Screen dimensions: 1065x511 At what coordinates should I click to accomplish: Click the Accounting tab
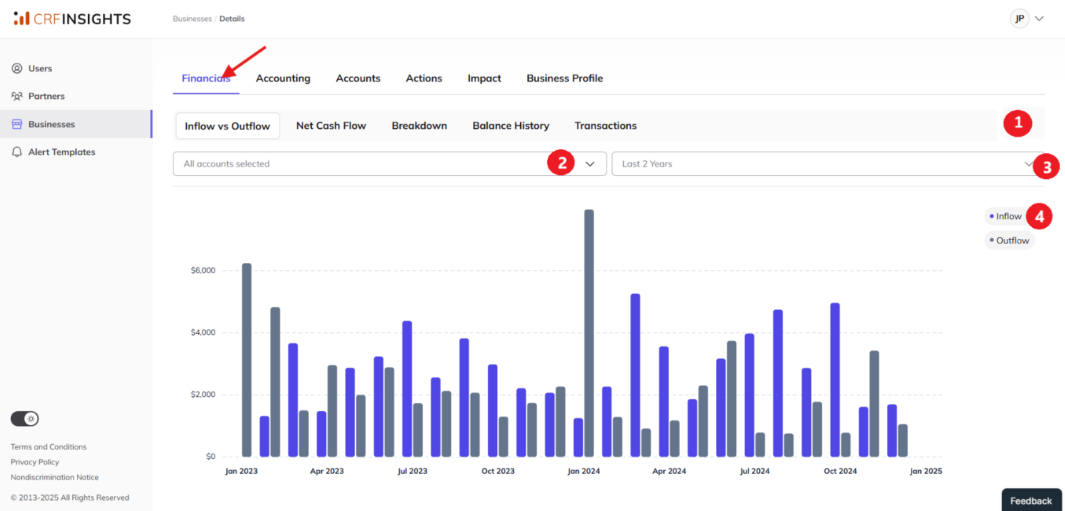(283, 78)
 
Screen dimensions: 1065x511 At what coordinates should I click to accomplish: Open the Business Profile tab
(564, 78)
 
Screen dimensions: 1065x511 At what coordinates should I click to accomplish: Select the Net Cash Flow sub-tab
(331, 126)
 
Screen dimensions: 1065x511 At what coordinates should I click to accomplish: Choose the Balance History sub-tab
(511, 126)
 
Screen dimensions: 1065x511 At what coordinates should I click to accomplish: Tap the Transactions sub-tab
(605, 126)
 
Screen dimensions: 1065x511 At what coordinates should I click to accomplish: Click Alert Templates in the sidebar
(62, 152)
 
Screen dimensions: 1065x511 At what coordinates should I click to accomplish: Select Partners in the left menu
(46, 96)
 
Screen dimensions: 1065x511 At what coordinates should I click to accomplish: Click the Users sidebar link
(40, 69)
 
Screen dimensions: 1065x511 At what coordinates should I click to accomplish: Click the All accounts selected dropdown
(389, 164)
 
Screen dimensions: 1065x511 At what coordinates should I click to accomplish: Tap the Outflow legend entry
(1009, 241)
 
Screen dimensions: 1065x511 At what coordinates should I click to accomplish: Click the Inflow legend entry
(1005, 216)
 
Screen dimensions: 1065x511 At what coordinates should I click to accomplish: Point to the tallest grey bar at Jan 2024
(589, 333)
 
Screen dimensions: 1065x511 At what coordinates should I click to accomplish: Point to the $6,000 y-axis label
(203, 270)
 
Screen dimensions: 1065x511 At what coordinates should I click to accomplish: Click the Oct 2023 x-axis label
(498, 471)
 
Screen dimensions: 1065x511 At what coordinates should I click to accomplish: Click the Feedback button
(1031, 500)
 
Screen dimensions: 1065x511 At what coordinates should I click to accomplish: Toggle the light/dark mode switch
(25, 418)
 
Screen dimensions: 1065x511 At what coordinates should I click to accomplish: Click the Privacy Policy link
(35, 462)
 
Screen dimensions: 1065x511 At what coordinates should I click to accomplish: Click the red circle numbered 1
(1018, 123)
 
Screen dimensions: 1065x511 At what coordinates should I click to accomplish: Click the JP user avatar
(1019, 19)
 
